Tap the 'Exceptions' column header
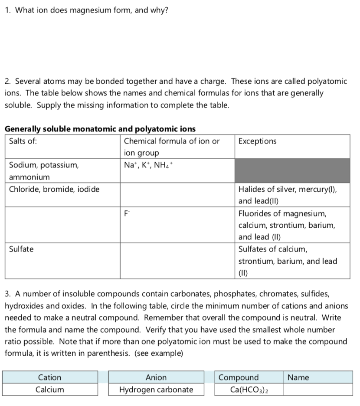click(x=257, y=141)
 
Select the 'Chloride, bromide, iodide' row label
click(x=54, y=189)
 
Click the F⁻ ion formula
click(x=127, y=213)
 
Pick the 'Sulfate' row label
click(x=21, y=249)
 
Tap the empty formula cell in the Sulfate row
click(x=177, y=261)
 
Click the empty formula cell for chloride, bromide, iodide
click(x=177, y=195)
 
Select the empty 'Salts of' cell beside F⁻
click(x=62, y=225)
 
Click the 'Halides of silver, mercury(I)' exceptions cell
click(x=288, y=195)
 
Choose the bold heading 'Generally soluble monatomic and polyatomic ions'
click(x=100, y=129)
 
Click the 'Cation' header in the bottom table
click(x=50, y=377)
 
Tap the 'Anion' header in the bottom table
click(x=156, y=377)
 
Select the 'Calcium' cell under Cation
click(x=50, y=390)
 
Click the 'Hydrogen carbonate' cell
click(x=156, y=390)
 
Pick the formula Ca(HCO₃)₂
click(x=249, y=390)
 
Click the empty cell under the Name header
click(x=318, y=390)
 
